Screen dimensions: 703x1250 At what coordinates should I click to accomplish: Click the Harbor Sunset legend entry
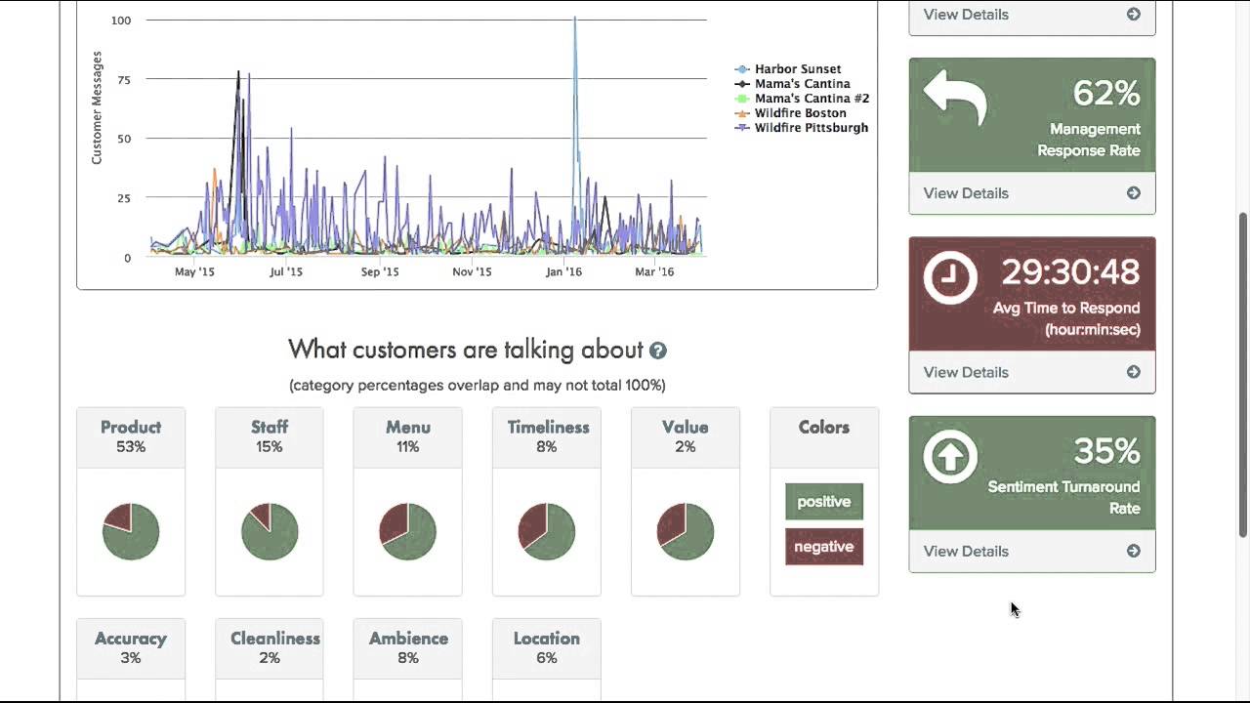(797, 69)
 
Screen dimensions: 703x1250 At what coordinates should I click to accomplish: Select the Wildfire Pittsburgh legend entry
(811, 128)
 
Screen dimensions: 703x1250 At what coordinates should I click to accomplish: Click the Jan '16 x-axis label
(563, 272)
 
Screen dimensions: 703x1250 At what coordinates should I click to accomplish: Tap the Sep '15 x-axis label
(380, 272)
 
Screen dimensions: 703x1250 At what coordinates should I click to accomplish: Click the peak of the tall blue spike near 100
(575, 19)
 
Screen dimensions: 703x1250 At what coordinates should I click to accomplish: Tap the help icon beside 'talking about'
(658, 351)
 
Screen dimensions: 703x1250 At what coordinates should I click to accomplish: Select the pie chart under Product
(131, 531)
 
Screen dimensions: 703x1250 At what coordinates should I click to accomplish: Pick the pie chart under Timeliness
(547, 531)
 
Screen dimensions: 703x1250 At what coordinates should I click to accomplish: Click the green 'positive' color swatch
(824, 502)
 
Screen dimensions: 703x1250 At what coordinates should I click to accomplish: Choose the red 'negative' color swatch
(824, 547)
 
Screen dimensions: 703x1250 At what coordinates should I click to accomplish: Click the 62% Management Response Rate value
(1106, 94)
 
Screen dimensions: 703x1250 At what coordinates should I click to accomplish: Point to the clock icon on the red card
(950, 277)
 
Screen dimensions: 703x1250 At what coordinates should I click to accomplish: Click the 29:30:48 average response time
(1070, 272)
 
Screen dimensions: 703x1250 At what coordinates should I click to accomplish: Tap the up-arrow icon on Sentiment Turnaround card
(950, 456)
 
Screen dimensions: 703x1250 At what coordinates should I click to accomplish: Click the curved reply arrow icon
(955, 98)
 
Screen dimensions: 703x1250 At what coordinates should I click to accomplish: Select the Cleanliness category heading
(275, 639)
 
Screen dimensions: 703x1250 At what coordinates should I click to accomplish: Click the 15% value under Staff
(270, 447)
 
